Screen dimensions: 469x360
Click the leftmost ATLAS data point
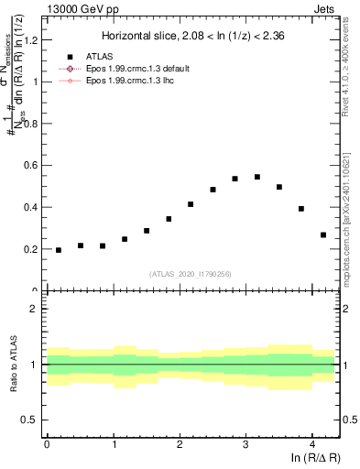59,250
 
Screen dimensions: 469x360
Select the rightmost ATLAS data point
323,234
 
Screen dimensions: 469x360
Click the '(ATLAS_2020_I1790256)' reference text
191,274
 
